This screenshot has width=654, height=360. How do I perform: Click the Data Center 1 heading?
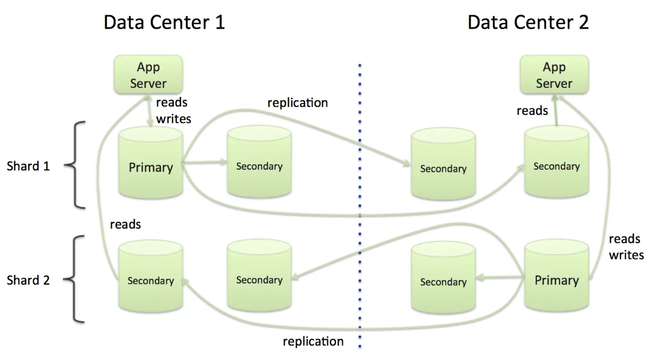coord(164,23)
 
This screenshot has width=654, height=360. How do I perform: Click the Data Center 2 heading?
coord(528,23)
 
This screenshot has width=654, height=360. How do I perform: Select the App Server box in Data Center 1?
coord(148,75)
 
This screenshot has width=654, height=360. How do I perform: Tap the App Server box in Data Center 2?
coord(554,75)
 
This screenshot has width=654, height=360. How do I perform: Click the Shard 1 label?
coord(28,166)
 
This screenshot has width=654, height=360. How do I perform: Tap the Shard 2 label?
coord(28,280)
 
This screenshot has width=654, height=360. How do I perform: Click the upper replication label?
coord(297,102)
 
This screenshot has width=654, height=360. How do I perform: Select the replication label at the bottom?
coord(313,341)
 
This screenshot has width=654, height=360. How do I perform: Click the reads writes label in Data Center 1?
coord(174,110)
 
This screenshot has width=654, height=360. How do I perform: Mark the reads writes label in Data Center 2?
coord(626,247)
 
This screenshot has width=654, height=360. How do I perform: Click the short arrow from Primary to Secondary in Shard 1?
coord(205,161)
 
